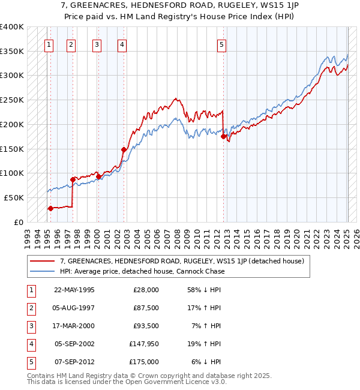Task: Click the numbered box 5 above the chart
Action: (221, 44)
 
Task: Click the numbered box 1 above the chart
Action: (49, 44)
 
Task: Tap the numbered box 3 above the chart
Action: (97, 44)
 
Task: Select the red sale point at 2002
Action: (124, 149)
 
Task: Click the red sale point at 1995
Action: (50, 208)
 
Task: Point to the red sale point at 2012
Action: (223, 137)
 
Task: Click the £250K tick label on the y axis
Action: (12, 100)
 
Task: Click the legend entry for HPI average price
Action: (142, 271)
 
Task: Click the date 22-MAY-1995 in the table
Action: (74, 290)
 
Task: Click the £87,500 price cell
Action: (146, 308)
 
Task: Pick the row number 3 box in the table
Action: (31, 326)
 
